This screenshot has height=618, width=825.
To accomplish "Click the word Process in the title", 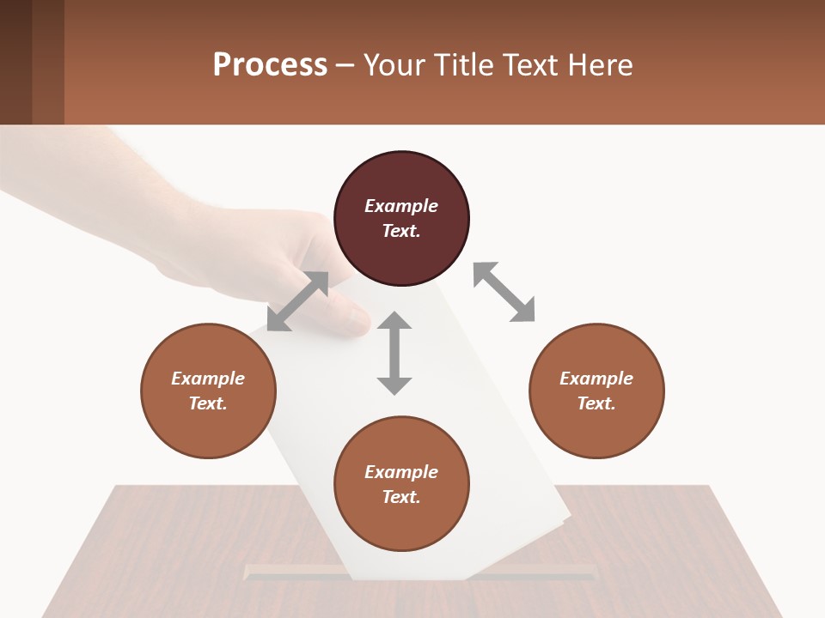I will coord(270,65).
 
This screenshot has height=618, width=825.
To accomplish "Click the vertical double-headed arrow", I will coord(394,353).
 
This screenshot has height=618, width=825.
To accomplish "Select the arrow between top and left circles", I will coord(297,301).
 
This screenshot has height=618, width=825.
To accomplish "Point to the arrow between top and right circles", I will coord(504,292).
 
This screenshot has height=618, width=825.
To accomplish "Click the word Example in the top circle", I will coord(401,206).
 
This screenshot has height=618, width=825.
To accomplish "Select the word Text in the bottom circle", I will coord(400,497).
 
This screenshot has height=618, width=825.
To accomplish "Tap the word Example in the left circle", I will coord(208,379).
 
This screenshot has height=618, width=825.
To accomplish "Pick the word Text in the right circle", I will coord(596,403).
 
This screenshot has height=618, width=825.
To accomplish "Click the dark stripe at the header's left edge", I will coord(15,62).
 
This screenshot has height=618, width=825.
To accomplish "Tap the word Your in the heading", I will coord(393,65).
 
